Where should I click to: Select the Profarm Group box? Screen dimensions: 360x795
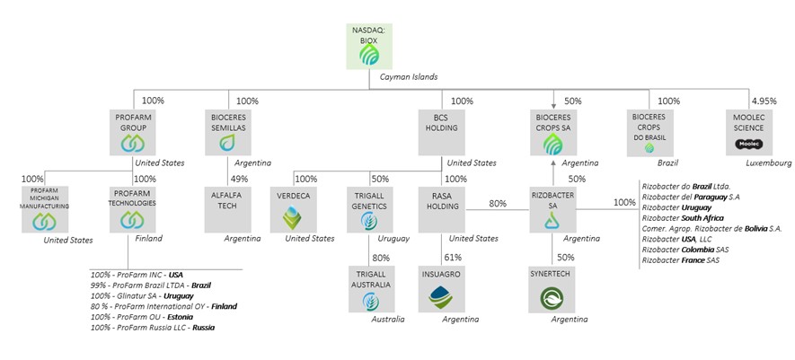coord(133,131)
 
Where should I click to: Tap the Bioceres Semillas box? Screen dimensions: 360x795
coord(227,131)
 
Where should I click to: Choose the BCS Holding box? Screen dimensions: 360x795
coord(440,131)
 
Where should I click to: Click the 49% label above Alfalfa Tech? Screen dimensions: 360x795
coord(240,179)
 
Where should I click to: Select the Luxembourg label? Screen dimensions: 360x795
coord(769,163)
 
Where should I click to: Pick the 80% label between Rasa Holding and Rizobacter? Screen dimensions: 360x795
coord(497,203)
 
